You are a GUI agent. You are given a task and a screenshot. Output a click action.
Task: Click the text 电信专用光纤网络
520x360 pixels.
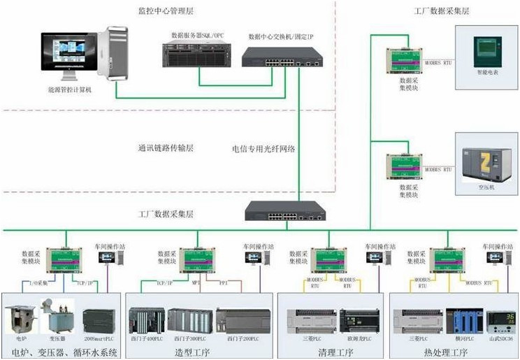tap(263, 149)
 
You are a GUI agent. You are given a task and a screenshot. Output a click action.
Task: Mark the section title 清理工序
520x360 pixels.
tap(328, 350)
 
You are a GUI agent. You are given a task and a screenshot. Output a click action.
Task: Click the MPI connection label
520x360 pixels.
tap(196, 285)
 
